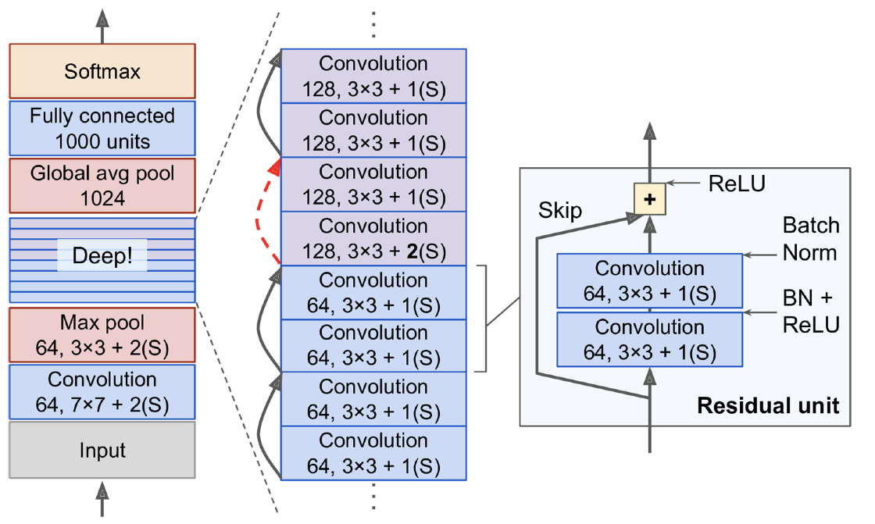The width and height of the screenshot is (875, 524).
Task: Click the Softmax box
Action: [x=102, y=71]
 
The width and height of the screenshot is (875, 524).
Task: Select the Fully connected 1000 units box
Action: [x=102, y=129]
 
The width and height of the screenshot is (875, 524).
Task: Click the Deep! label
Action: [x=102, y=255]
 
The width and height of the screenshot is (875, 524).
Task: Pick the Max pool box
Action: [x=102, y=334]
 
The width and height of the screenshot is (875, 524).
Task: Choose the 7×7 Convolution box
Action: [x=102, y=392]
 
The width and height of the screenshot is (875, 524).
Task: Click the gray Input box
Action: [x=102, y=450]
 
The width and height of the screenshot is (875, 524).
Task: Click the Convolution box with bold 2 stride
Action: [x=373, y=238]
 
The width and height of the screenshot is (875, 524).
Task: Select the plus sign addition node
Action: [x=648, y=200]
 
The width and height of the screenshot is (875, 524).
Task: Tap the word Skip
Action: [x=560, y=211]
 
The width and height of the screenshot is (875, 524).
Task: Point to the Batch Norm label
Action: [x=811, y=239]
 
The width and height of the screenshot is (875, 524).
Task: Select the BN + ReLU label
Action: [x=811, y=310]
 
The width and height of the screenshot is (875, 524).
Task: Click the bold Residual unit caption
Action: [x=768, y=406]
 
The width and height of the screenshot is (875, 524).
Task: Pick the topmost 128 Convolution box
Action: [x=373, y=76]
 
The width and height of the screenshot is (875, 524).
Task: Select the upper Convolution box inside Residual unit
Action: [x=649, y=280]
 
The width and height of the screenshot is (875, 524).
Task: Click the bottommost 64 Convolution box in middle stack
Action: [x=373, y=453]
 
